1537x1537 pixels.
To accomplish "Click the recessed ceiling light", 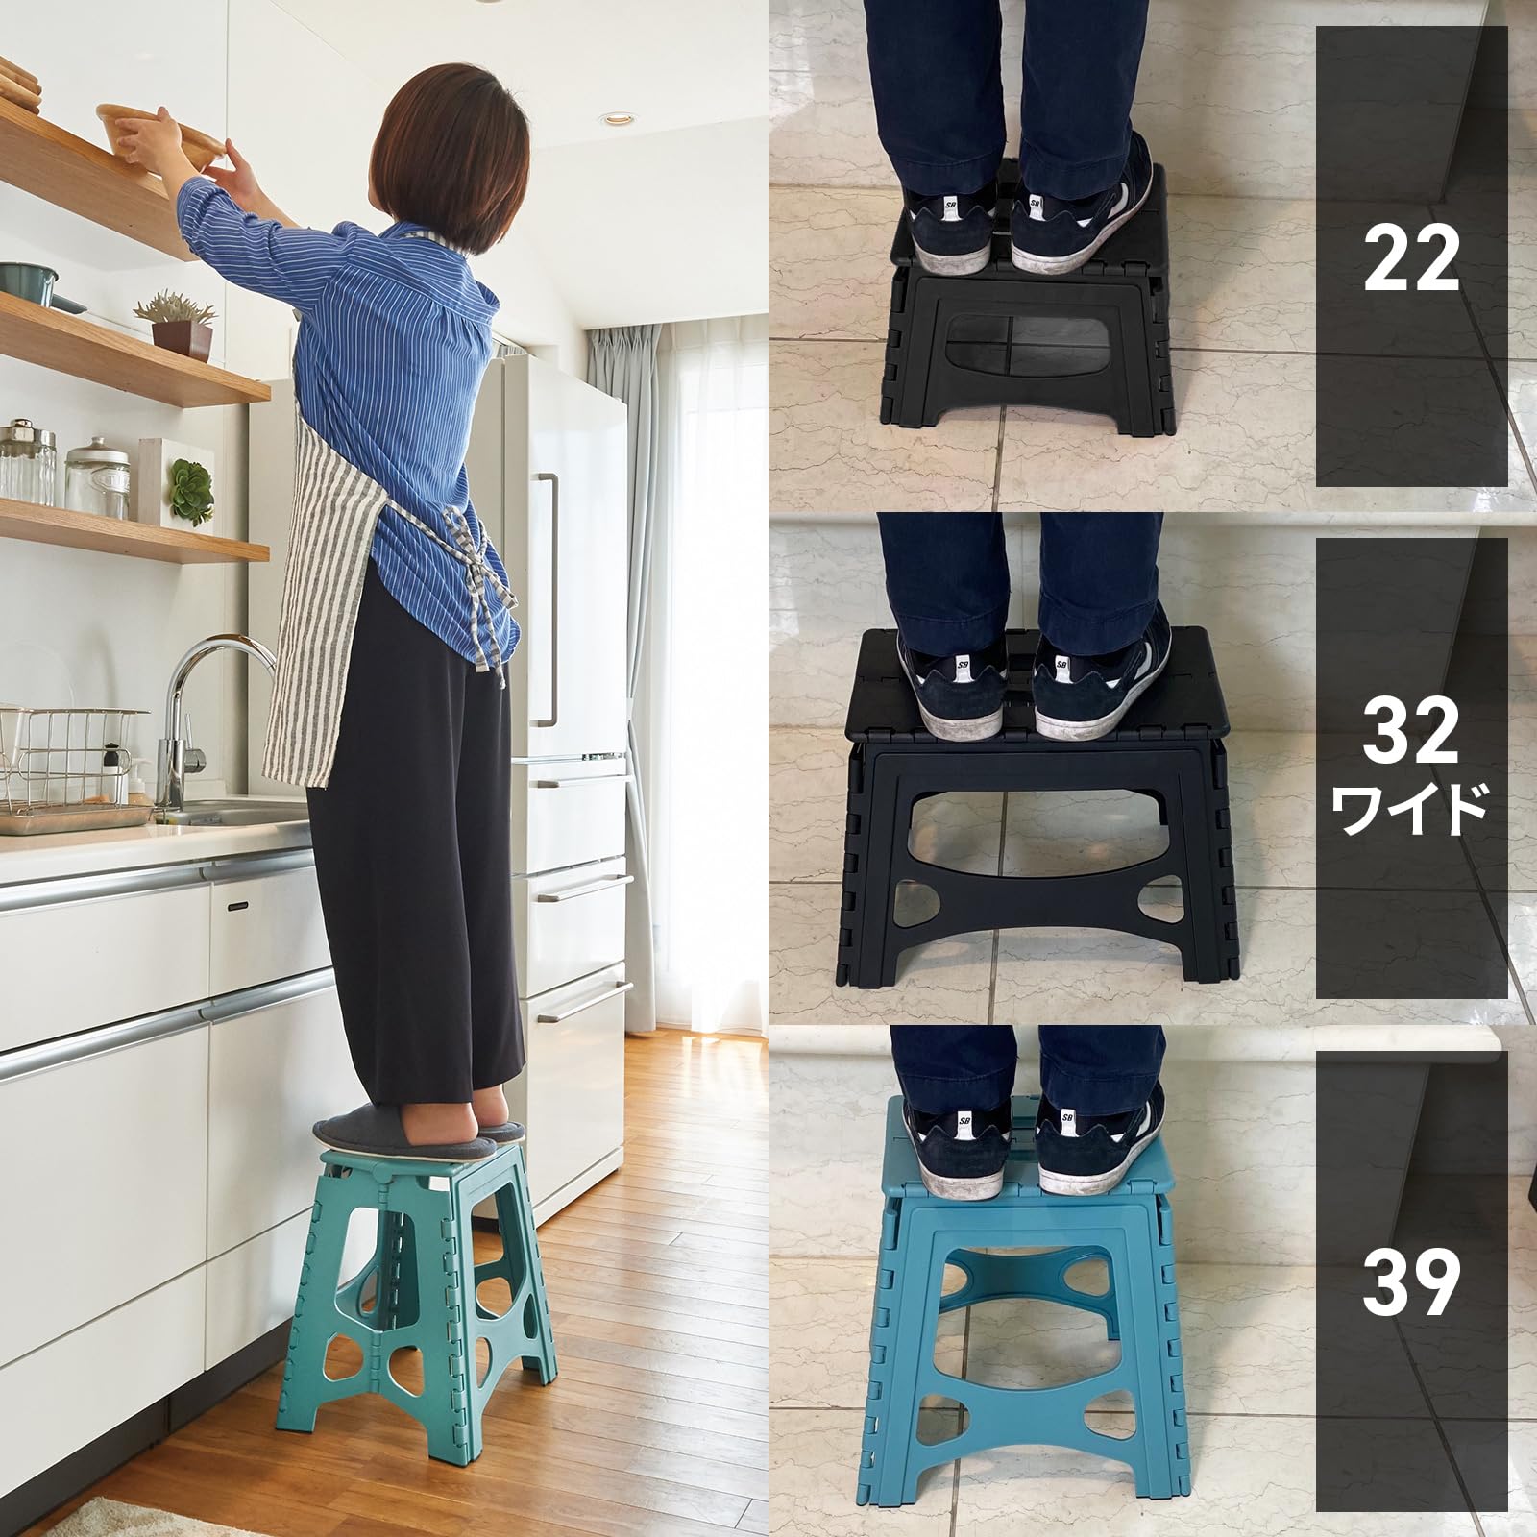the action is (614, 118).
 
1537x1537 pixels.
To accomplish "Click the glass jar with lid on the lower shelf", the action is (97, 477).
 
